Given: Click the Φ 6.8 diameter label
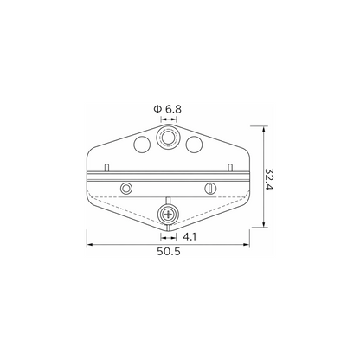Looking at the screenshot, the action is (168, 109).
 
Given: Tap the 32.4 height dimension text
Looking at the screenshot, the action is (269, 179).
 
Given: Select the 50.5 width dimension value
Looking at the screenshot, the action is (169, 252).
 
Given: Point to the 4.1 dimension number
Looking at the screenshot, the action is (190, 237).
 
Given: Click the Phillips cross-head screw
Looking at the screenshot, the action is (168, 215).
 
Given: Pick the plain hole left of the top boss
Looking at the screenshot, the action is (142, 144).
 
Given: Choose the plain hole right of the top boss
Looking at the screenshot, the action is (194, 144).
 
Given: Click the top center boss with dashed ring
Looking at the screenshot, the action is (168, 138).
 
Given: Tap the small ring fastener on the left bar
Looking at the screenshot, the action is (126, 189).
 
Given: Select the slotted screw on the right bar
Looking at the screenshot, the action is (211, 189).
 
